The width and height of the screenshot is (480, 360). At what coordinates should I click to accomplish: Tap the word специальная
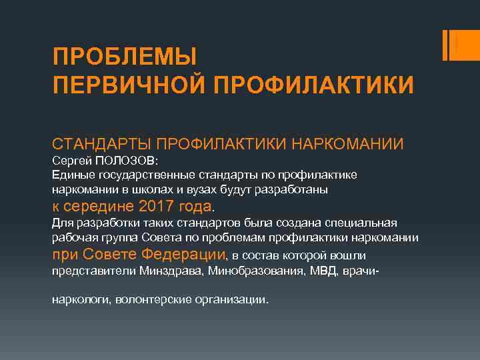click(x=359, y=222)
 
